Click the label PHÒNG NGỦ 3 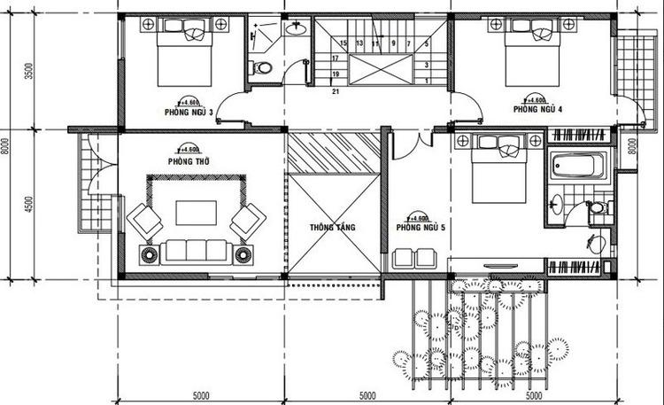(187, 113)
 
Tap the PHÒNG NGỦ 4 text (537, 109)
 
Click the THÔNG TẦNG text (332, 228)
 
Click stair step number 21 (336, 90)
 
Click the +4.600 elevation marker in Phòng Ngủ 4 (536, 100)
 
